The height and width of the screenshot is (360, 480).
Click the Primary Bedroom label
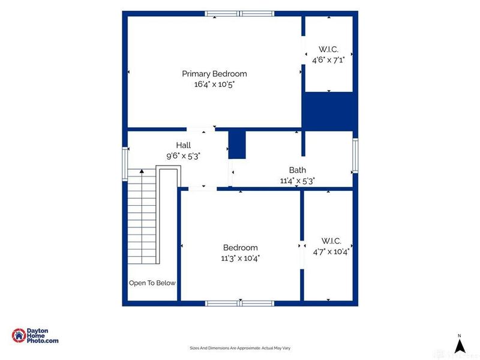pyautogui.click(x=214, y=74)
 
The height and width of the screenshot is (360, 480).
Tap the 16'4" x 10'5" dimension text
pyautogui.click(x=214, y=84)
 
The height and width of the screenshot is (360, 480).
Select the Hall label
pyautogui.click(x=184, y=145)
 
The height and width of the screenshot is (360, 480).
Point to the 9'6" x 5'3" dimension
pyautogui.click(x=183, y=156)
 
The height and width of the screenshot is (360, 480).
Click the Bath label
pyautogui.click(x=298, y=170)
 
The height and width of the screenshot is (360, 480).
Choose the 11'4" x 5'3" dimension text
pyautogui.click(x=298, y=181)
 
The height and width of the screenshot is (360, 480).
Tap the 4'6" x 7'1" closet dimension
pyautogui.click(x=328, y=59)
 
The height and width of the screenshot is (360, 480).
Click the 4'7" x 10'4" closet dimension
pyautogui.click(x=331, y=251)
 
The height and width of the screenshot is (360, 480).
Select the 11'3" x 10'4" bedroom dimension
pyautogui.click(x=241, y=258)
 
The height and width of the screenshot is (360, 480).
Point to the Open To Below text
pyautogui.click(x=152, y=283)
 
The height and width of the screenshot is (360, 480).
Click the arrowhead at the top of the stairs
pyautogui.click(x=142, y=171)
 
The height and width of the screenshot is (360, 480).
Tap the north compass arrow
pyautogui.click(x=459, y=347)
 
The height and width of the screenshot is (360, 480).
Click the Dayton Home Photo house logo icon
pyautogui.click(x=19, y=335)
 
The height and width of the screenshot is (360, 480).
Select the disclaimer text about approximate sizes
pyautogui.click(x=240, y=348)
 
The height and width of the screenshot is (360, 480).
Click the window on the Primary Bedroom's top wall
pyautogui.click(x=239, y=13)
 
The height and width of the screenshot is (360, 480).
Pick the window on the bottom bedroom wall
pyautogui.click(x=239, y=304)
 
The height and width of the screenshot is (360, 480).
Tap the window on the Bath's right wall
pyautogui.click(x=355, y=155)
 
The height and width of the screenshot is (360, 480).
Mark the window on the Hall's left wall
pyautogui.click(x=125, y=164)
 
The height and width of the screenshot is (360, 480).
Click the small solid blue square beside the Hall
pyautogui.click(x=237, y=145)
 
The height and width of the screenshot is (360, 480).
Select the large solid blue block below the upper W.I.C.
pyautogui.click(x=330, y=112)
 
